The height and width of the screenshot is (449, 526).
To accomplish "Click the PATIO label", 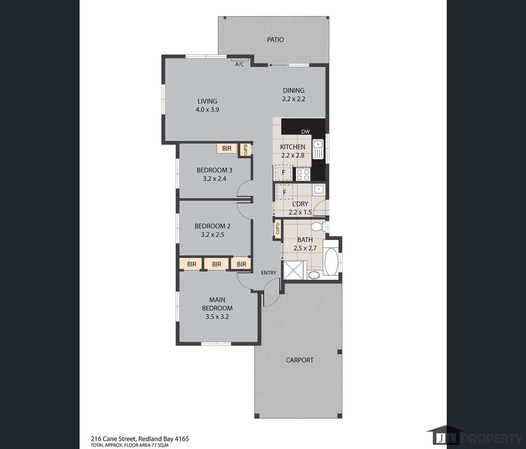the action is coord(275,40).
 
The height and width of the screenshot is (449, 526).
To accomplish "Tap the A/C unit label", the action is coord(239,64).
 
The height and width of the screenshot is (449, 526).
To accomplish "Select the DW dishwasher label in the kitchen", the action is coord(305,132).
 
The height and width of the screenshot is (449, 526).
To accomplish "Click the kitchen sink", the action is coord(318,149).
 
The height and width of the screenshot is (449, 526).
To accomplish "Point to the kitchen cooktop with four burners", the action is coord(303,175).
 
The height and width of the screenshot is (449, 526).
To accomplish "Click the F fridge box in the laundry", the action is coord(285,192).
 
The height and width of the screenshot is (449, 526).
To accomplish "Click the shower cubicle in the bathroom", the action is coord(294,270).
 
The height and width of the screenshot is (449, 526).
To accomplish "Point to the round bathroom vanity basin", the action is coord(314,275).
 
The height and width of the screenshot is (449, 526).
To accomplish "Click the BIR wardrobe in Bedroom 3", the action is coord(227,148).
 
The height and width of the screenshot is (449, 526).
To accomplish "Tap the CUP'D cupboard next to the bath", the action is coord(278,229).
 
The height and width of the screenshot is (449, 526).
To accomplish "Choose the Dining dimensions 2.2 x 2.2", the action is coord(294,99).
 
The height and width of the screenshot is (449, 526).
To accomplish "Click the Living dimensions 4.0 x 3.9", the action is coord(207,110).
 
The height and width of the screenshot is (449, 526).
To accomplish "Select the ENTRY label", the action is coord(268,273).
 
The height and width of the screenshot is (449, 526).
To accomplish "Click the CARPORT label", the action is coord(299,360).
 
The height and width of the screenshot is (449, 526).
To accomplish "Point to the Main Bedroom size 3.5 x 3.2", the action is coord(217,317).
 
